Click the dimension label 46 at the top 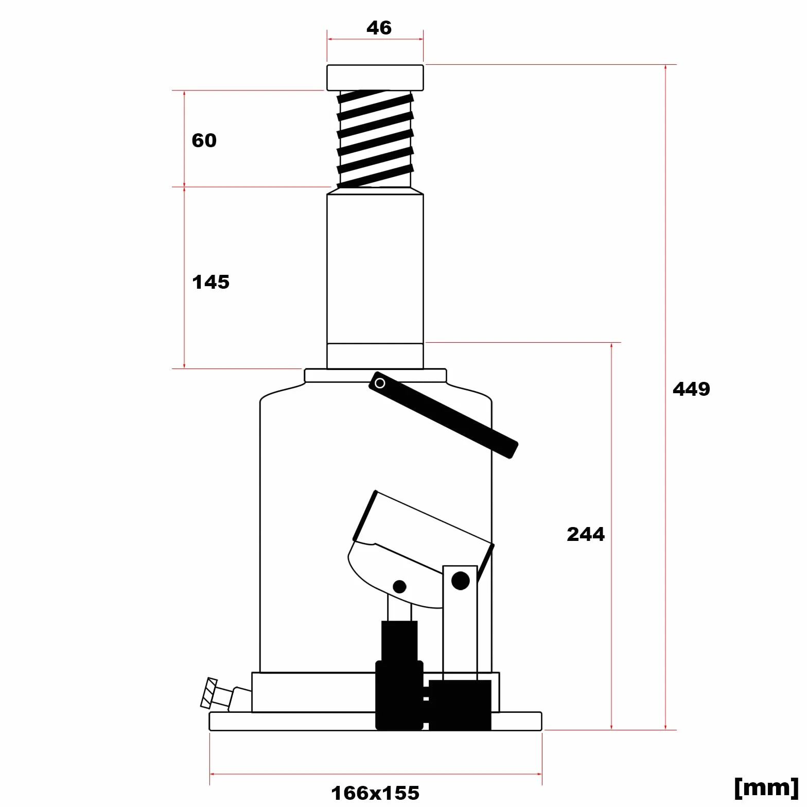(x=379, y=27)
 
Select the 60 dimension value (x=204, y=140)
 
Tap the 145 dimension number (x=210, y=282)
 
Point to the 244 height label (x=586, y=534)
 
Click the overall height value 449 (x=691, y=389)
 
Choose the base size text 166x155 (x=375, y=793)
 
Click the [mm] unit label (x=766, y=787)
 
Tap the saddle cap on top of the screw (x=375, y=78)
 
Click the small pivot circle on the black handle (x=380, y=383)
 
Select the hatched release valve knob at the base (x=208, y=693)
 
